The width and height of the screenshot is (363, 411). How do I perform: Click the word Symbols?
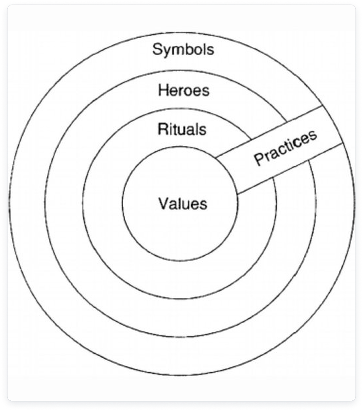point(183,50)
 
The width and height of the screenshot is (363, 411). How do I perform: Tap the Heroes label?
point(184,90)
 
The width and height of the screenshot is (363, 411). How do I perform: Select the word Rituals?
point(182,129)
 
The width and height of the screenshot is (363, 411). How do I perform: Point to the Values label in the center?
point(183,203)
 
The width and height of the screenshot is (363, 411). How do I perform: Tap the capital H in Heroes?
point(162,90)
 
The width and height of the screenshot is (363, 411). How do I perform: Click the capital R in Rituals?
point(162,129)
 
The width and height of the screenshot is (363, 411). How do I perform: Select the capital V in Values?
point(163,203)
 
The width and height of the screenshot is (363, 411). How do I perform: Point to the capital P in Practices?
point(259,159)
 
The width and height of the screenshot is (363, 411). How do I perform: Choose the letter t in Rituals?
point(176,129)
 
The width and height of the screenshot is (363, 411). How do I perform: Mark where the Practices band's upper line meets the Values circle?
point(216,157)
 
